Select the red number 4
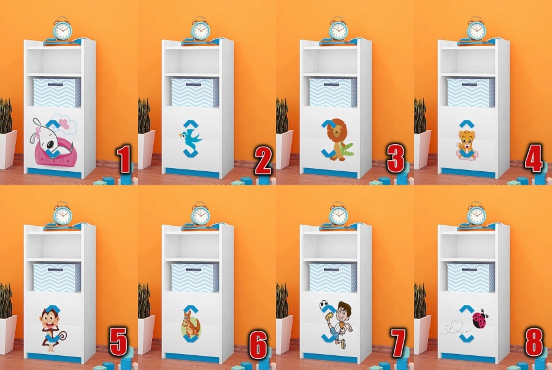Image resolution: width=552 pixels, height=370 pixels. (534, 158)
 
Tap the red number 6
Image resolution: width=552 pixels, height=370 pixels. (258, 345)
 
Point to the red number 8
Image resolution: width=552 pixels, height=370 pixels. (534, 342)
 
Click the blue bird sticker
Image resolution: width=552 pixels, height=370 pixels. (190, 137)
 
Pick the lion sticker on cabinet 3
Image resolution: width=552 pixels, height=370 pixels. (337, 139)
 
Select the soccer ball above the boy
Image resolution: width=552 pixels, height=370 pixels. (324, 305)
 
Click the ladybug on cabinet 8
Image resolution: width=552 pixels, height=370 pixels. (480, 319)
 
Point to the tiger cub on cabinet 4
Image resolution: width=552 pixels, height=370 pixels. (467, 145)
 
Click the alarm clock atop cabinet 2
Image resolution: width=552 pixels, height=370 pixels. (201, 29)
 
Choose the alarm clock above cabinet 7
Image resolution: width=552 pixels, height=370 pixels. (339, 214)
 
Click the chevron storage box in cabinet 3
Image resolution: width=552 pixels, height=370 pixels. (332, 93)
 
